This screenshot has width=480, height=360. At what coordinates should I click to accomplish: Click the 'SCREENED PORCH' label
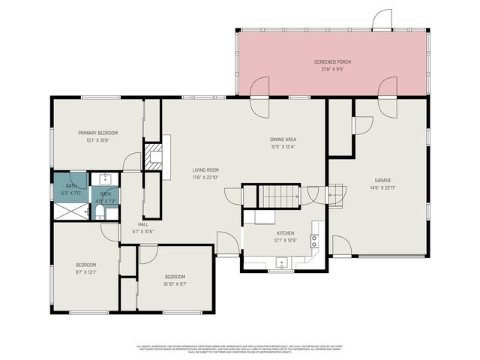[332, 61]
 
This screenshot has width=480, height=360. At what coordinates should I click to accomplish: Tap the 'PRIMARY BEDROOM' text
[97, 133]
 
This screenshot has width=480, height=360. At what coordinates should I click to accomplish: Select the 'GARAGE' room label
[383, 180]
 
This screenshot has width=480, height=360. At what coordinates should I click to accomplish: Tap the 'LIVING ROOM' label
[205, 170]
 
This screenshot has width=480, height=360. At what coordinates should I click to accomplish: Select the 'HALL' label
[142, 224]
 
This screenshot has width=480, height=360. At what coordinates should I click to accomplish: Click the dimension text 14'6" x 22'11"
[383, 188]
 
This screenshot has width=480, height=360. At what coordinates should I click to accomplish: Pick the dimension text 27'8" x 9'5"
[332, 69]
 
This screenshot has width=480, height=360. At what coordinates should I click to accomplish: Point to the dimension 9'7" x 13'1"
[85, 271]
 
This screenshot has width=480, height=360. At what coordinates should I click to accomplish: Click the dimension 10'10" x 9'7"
[175, 283]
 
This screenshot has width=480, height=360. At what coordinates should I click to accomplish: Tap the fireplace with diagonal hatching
[154, 157]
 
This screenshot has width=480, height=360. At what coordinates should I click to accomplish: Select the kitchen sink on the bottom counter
[283, 263]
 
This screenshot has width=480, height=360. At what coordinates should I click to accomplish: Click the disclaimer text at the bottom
[240, 348]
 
